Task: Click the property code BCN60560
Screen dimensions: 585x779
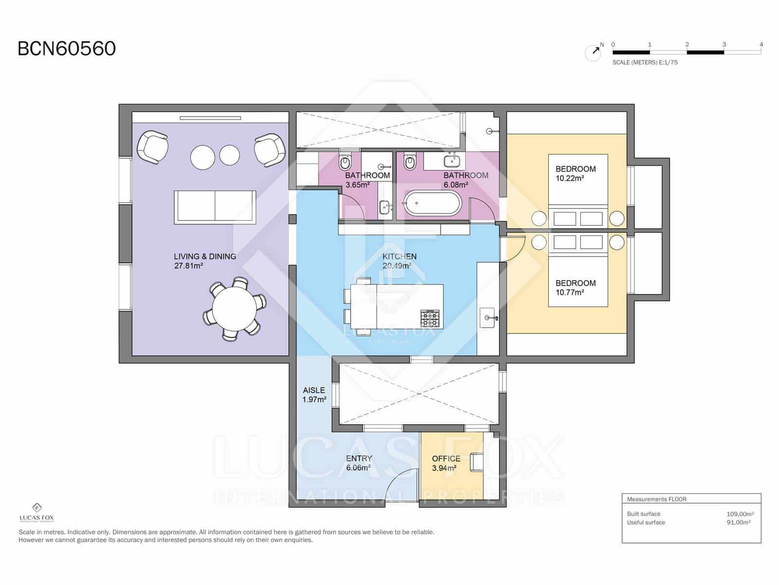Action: (x=67, y=49)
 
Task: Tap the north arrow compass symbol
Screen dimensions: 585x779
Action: (x=593, y=52)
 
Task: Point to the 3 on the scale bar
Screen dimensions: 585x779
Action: (x=724, y=44)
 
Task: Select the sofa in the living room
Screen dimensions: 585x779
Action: (x=215, y=207)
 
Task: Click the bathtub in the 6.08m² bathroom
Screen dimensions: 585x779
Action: (x=432, y=203)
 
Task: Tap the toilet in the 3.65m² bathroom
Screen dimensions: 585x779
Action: (x=345, y=161)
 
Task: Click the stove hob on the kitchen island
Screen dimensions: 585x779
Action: (x=430, y=318)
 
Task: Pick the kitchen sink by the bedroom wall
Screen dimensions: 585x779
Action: (x=487, y=318)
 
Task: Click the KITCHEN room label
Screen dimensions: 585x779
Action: (x=399, y=256)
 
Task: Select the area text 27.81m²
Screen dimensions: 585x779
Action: (x=188, y=266)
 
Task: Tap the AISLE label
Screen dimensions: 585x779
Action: (x=314, y=390)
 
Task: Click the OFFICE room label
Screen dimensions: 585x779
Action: (x=446, y=458)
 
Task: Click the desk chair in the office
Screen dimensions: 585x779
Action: (x=477, y=462)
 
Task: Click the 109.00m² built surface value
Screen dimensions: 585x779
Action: (x=740, y=514)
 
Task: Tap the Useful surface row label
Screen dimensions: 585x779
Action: (x=646, y=522)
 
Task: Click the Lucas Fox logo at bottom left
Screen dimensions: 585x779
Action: (x=37, y=512)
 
